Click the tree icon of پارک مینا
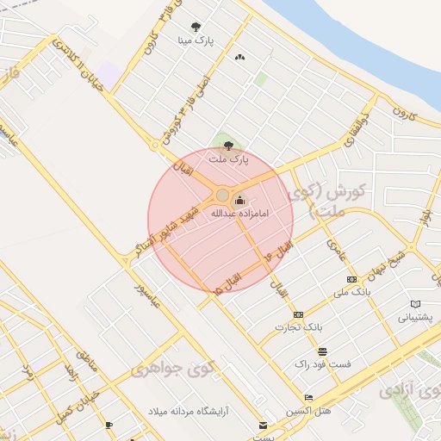click(196, 27)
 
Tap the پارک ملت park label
click(228, 158)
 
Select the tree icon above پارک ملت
click(228, 146)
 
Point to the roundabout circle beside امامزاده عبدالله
click(223, 195)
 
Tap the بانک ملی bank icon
click(351, 279)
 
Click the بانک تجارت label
click(297, 327)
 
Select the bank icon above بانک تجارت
click(298, 314)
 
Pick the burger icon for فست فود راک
click(322, 351)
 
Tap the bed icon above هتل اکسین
click(309, 397)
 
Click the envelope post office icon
click(263, 425)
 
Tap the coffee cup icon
click(109, 425)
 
